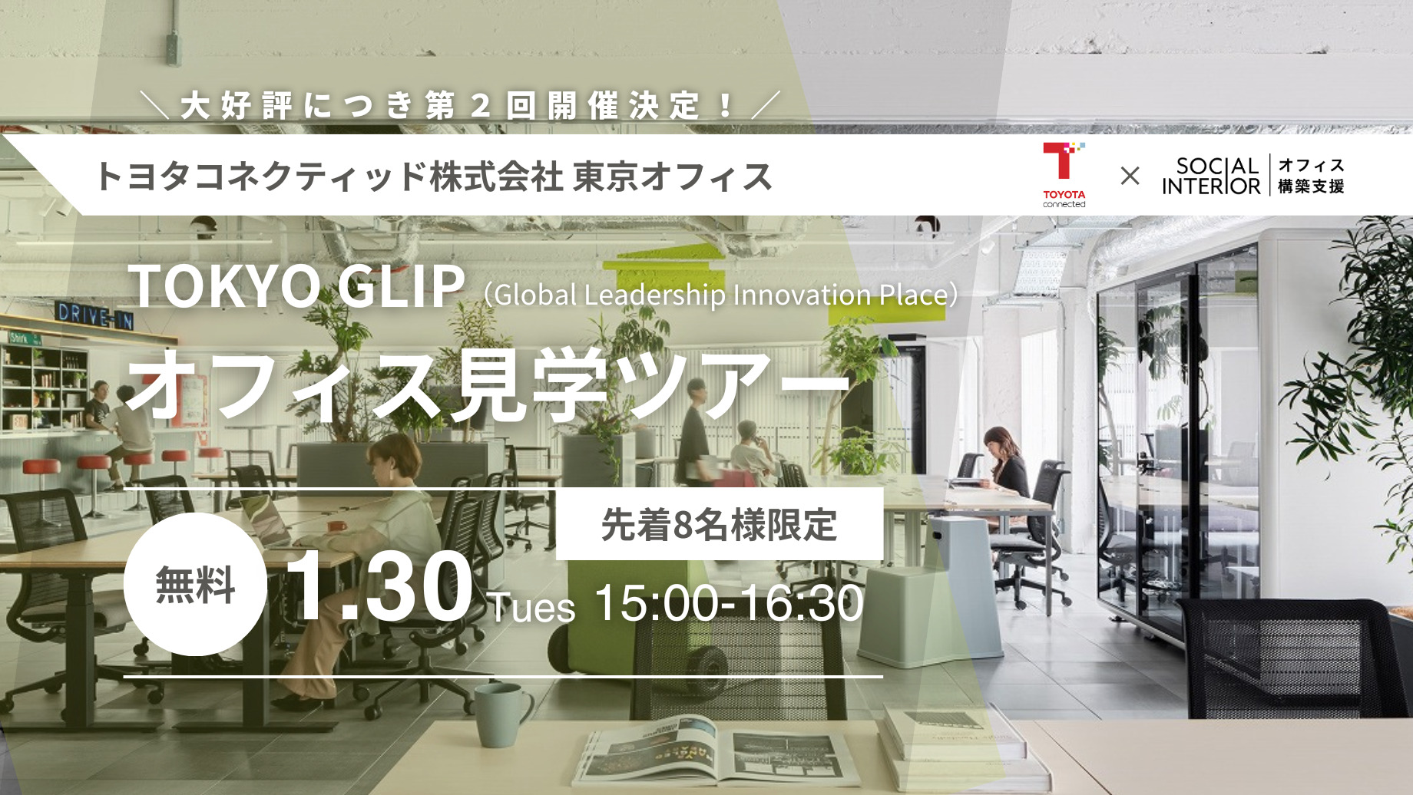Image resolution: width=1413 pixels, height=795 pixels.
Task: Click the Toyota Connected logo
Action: point(1064,175)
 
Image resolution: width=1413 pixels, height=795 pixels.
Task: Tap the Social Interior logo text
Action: point(1211,176)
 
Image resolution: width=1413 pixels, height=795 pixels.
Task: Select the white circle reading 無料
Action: point(195,584)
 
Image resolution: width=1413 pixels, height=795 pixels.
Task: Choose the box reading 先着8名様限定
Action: point(720,525)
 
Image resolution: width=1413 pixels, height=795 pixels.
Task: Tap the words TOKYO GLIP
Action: point(296,286)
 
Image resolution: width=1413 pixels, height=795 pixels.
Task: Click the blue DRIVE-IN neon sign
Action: point(95,315)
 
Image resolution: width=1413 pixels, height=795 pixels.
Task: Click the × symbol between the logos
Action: point(1130,176)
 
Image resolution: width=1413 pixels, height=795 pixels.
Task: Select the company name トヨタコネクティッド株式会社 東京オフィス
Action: point(434,176)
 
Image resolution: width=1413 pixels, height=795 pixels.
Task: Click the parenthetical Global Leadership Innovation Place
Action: point(722,295)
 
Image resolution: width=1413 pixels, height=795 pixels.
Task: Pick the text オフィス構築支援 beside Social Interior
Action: point(1311,176)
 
